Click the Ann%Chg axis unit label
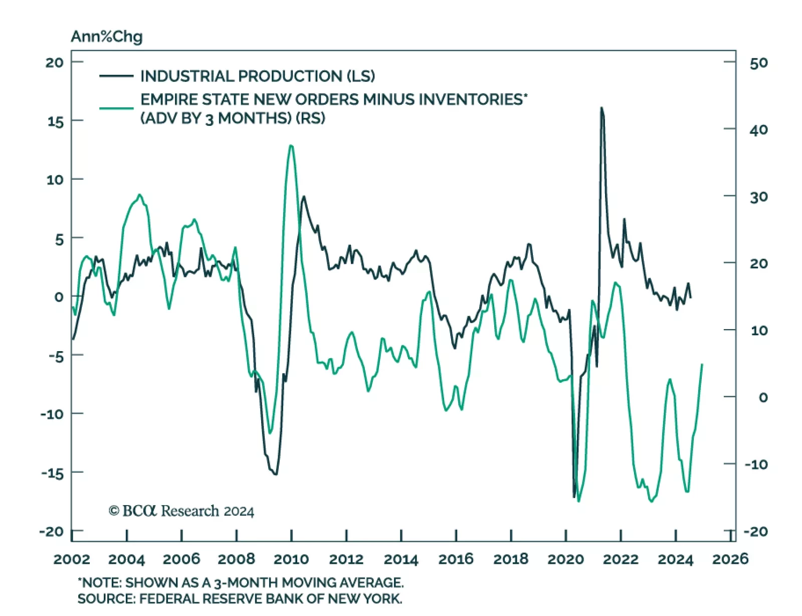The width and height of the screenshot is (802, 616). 106,37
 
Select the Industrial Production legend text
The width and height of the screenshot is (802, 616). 257,76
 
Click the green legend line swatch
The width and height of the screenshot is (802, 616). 116,108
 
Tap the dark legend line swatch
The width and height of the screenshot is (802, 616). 116,76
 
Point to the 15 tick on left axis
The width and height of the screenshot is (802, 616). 55,121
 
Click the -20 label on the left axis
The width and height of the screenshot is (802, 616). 52,531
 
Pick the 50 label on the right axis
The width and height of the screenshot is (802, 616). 758,63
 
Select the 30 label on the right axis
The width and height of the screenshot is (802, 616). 758,197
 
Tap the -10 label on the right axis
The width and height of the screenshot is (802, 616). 756,464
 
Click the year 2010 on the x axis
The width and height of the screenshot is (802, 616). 291,559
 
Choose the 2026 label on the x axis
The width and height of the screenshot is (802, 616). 730,559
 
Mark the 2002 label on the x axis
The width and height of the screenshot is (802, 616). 72,559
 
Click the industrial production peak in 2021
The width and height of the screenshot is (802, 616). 601,108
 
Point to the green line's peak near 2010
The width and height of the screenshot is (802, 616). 291,145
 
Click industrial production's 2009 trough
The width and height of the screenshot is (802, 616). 275,474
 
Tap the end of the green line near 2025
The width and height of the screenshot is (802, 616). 702,364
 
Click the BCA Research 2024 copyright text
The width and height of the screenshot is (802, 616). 181,511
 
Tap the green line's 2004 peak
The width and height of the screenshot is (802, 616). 140,195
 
